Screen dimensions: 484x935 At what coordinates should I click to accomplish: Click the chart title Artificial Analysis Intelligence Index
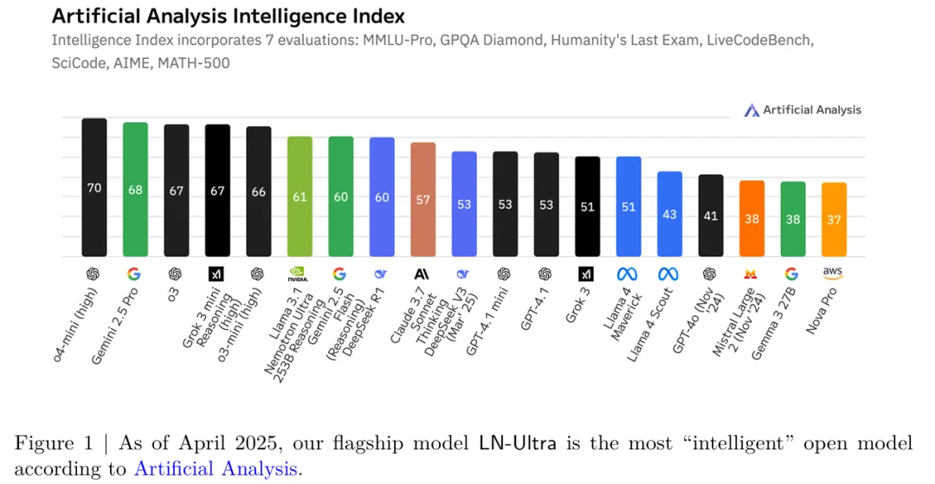228,16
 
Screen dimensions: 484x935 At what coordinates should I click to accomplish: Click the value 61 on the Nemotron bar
300,197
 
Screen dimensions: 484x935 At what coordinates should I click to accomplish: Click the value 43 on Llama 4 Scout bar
669,214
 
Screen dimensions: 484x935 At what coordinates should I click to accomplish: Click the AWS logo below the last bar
834,273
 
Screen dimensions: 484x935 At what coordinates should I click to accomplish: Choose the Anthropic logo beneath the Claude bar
422,274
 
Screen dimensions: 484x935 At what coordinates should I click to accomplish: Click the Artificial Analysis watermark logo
803,110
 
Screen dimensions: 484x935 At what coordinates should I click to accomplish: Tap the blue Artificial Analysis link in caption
216,469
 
